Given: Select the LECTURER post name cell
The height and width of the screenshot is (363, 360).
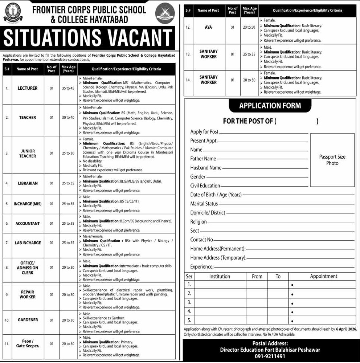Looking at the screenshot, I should (x=27, y=88).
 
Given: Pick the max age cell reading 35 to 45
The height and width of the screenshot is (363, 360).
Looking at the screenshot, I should (x=68, y=88).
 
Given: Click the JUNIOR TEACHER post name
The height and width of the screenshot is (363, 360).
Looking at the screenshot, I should (x=27, y=153).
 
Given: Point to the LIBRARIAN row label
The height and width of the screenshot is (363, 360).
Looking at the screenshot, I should (x=27, y=183).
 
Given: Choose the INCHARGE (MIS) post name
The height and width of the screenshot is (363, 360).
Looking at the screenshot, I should (x=27, y=204).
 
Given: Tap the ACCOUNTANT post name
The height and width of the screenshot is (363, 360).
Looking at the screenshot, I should (x=27, y=224).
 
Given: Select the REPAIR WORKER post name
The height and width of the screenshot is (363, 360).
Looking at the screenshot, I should (x=27, y=294).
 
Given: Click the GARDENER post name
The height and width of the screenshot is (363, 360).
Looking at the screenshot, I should (x=27, y=320).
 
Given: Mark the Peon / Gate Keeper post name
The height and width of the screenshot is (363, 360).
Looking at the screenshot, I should (x=27, y=343).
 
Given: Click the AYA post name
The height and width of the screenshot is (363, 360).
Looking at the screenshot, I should (x=208, y=27).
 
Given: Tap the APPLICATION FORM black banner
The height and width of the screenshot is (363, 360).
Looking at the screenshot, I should (x=270, y=106).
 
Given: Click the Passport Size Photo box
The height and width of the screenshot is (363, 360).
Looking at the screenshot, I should (x=332, y=160).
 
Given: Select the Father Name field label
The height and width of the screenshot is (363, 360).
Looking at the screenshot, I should (x=203, y=159).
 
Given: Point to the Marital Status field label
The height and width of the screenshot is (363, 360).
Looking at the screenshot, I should (x=204, y=204).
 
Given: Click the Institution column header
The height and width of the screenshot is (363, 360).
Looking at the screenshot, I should (x=220, y=276).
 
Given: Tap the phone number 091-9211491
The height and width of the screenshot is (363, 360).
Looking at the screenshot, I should (x=270, y=356).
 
